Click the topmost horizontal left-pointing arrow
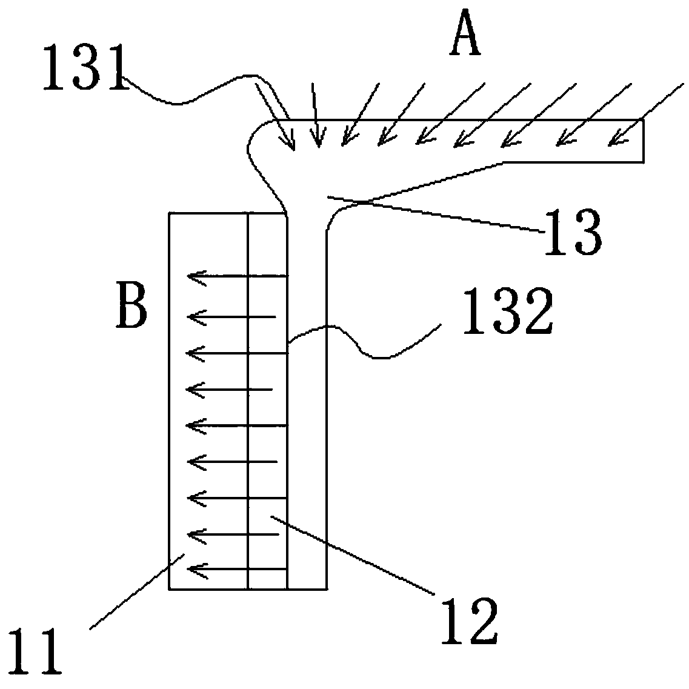tap(237, 278)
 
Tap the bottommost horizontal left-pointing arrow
tap(237, 570)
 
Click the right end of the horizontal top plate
tap(642, 141)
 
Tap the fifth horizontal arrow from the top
tap(237, 426)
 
